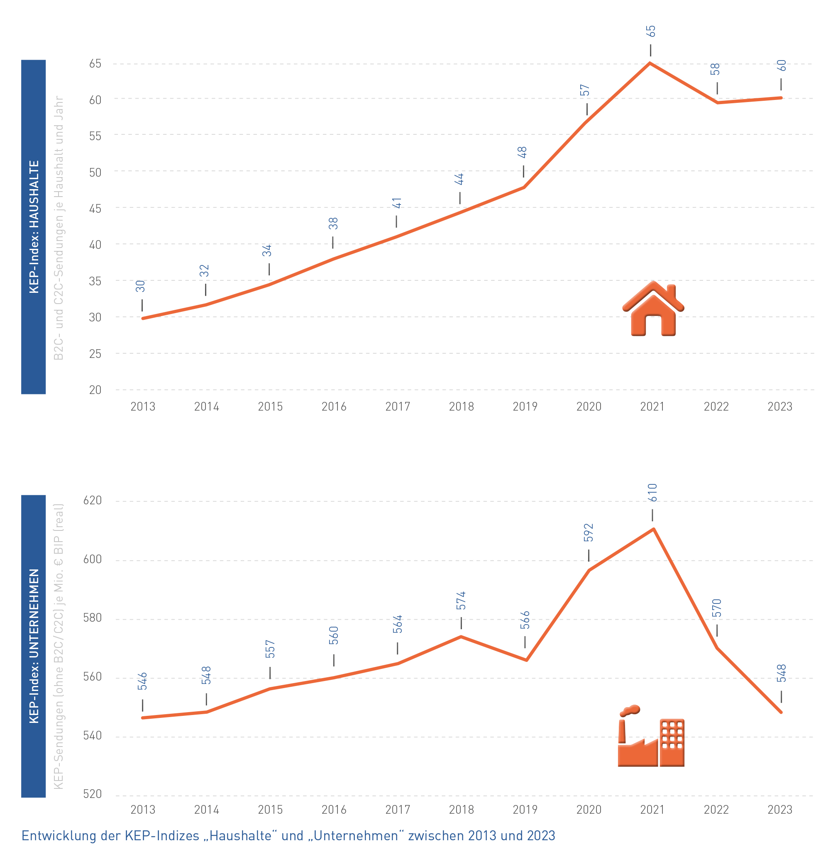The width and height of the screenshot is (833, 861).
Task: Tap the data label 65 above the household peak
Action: (650, 31)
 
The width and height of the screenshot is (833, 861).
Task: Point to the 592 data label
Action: (589, 533)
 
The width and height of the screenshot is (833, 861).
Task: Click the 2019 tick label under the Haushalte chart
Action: (525, 407)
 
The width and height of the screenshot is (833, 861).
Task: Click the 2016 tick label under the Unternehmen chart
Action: (334, 810)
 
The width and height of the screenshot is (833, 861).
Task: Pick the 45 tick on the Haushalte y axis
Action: (95, 208)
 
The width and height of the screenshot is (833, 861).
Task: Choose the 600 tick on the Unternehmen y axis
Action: (92, 559)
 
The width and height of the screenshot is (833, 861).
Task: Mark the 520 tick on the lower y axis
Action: (92, 794)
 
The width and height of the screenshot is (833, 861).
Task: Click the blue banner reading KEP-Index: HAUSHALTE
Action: (33, 227)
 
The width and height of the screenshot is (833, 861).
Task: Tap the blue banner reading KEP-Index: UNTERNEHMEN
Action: (33, 646)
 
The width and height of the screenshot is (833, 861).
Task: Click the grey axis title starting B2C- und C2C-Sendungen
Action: (59, 228)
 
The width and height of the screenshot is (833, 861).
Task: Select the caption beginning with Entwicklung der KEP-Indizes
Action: (288, 836)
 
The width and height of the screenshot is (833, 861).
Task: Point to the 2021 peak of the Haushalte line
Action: (650, 63)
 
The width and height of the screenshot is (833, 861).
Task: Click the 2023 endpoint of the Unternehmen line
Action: (781, 712)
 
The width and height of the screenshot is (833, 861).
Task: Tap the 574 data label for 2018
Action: (461, 601)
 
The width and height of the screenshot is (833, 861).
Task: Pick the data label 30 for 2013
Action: (140, 286)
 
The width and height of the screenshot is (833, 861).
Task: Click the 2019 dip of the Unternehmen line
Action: (526, 660)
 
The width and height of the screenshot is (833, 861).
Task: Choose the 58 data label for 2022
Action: (715, 69)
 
